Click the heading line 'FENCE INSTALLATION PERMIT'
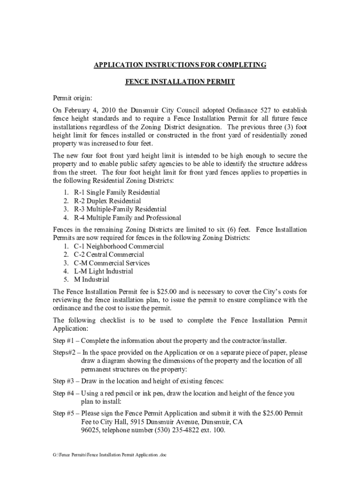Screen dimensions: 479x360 point(180,82)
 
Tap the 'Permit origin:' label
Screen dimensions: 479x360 point(72,98)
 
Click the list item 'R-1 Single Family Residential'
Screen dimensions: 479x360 point(117,192)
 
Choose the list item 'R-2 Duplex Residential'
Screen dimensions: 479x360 point(107,201)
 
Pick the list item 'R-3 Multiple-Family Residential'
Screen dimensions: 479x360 point(120,209)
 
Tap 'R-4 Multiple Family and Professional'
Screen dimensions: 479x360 point(127,218)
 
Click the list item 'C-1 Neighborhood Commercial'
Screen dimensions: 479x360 point(119,246)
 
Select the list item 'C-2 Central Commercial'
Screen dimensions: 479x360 point(109,254)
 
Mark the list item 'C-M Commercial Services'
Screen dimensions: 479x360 point(112,263)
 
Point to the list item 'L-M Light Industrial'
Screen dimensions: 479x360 point(103,271)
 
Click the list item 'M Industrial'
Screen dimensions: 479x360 point(92,280)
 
